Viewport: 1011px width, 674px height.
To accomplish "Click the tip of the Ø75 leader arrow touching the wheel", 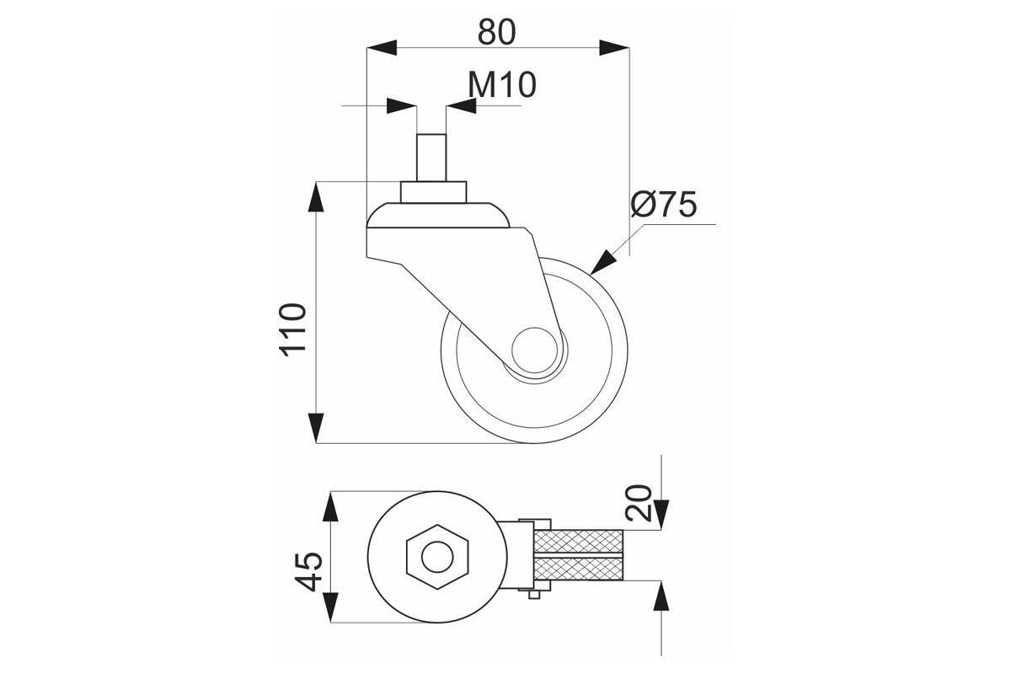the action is [590, 275].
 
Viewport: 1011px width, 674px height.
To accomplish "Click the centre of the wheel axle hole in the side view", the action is [535, 350].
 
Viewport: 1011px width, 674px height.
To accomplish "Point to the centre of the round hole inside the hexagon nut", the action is [437, 557].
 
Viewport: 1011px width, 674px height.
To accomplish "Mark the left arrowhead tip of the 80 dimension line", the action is [367, 47].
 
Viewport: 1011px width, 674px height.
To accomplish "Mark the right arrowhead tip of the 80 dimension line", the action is [629, 47].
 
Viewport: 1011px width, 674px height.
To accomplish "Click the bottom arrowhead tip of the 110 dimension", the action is [316, 443].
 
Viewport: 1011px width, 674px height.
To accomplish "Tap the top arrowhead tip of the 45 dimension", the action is [331, 492].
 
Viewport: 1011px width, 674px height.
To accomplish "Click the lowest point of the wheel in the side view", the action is [534, 443].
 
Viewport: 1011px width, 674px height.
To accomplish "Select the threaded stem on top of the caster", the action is [431, 158].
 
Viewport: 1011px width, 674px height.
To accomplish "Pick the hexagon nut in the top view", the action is [437, 557].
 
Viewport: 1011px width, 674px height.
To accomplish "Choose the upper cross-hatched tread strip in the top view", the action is [578, 541].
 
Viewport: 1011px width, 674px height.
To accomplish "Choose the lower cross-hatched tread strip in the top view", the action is [578, 569].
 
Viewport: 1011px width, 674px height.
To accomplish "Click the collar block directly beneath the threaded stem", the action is [433, 192].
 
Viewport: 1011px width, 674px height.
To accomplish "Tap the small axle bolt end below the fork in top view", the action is [534, 595].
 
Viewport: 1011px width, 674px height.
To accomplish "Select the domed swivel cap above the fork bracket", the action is [438, 216].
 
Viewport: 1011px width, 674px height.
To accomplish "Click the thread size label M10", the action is [502, 84].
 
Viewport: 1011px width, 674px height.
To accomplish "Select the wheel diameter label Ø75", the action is [664, 204].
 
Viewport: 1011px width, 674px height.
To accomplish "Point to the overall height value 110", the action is [293, 330].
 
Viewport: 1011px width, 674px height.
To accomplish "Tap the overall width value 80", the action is [496, 32].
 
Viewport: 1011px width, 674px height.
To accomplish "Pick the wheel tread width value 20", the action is [639, 503].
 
